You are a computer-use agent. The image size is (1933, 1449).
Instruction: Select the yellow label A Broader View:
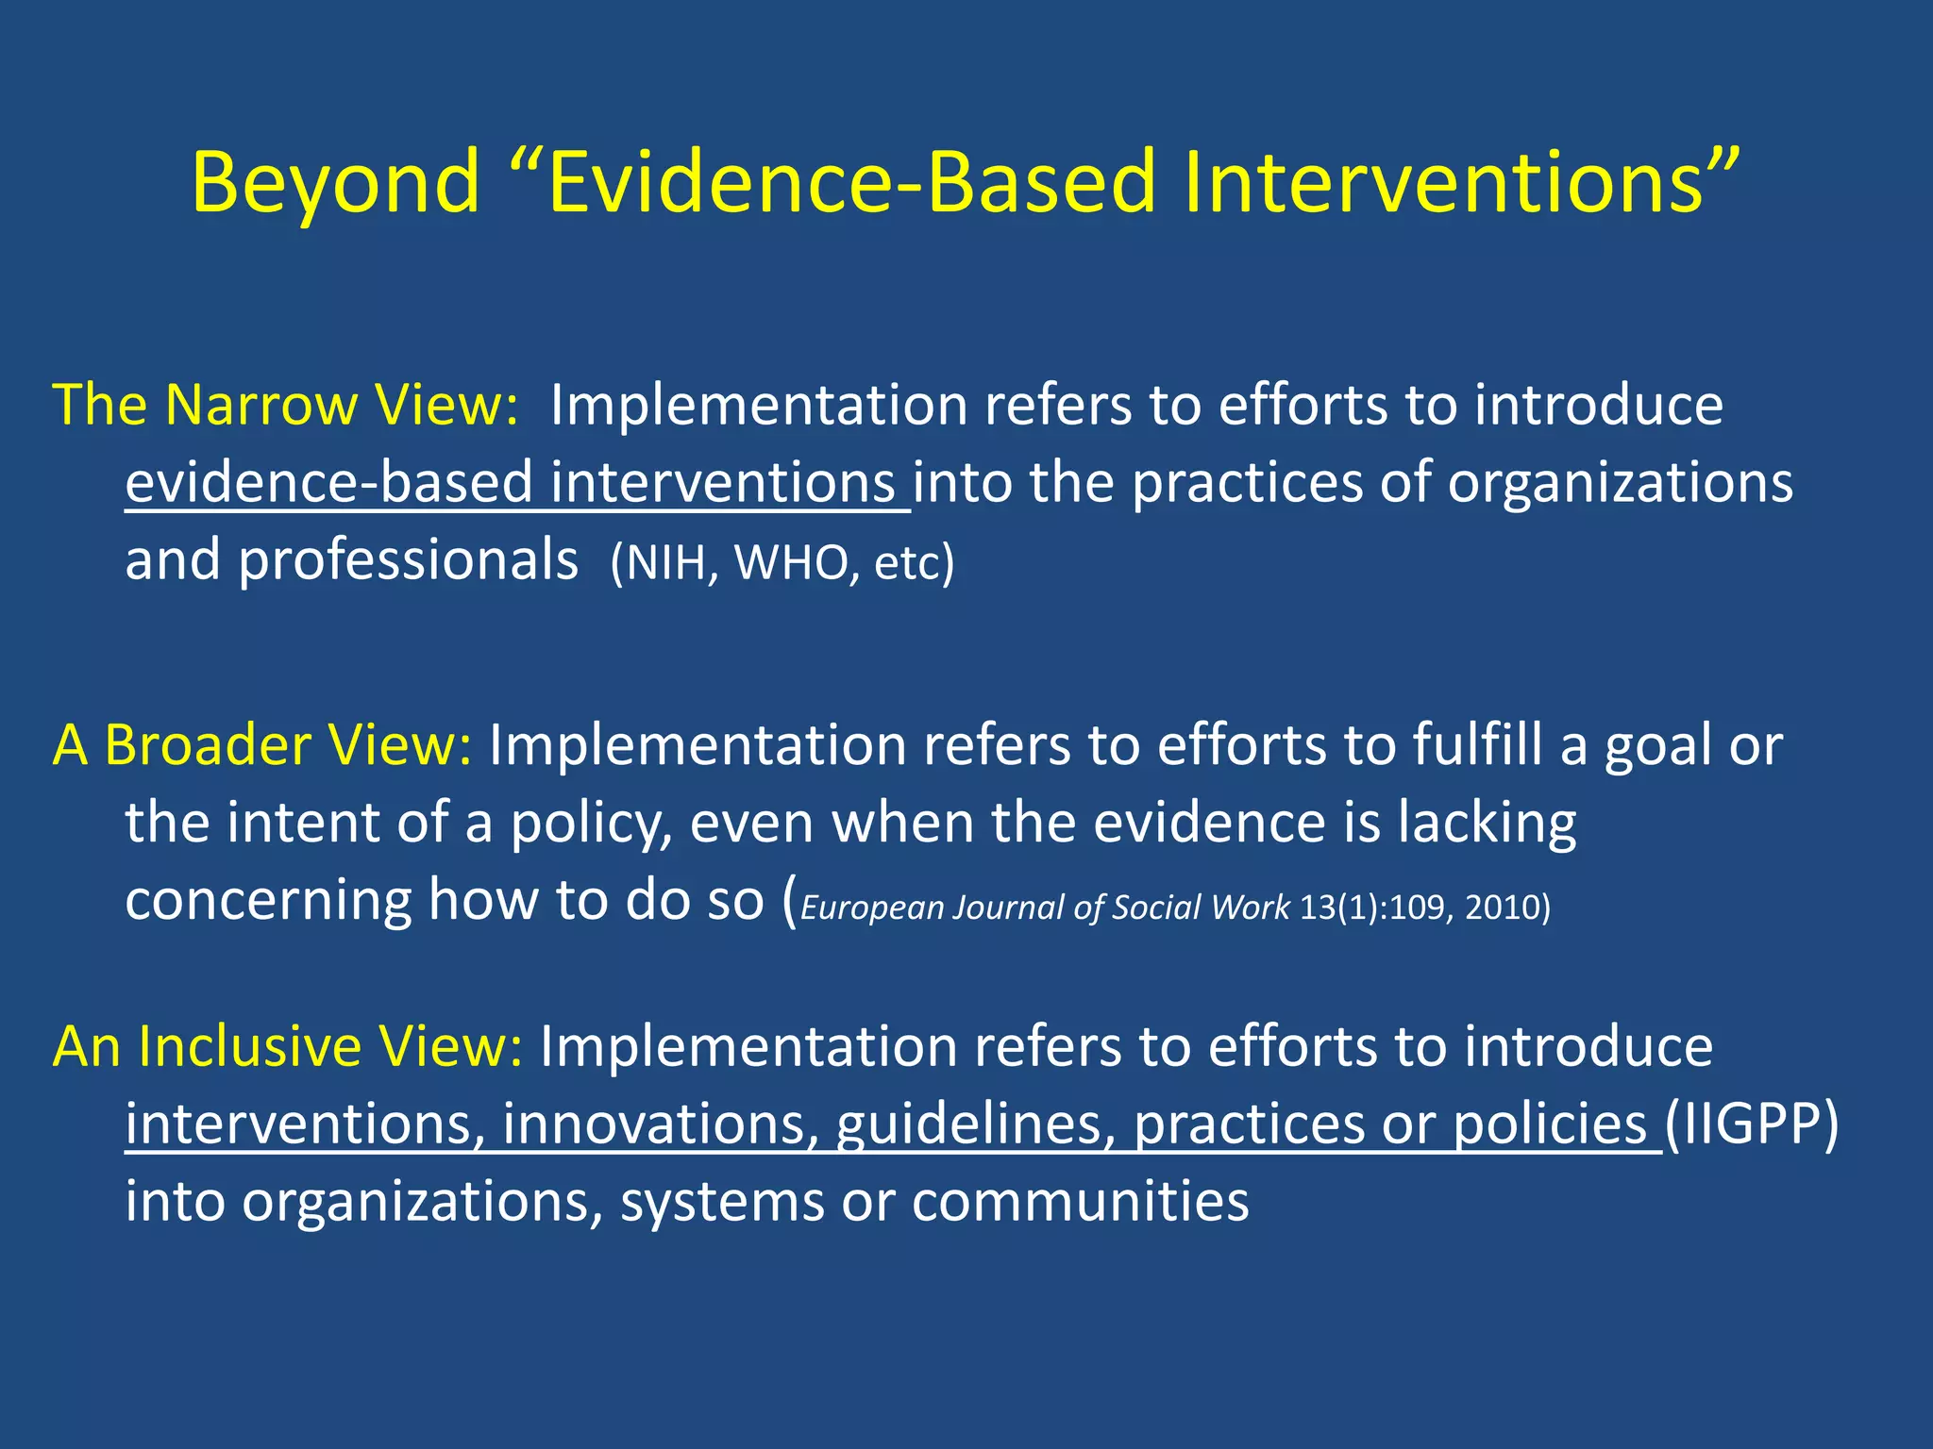click(262, 745)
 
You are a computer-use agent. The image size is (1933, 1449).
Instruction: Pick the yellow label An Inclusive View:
click(287, 1046)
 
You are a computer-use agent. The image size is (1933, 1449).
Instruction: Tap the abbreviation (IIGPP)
click(1752, 1124)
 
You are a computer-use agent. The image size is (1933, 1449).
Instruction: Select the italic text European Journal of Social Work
click(1044, 908)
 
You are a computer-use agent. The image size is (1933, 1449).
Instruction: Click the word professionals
click(408, 560)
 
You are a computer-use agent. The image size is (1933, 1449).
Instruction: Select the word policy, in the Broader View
click(592, 823)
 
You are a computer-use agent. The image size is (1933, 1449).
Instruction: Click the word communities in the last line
click(1080, 1201)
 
